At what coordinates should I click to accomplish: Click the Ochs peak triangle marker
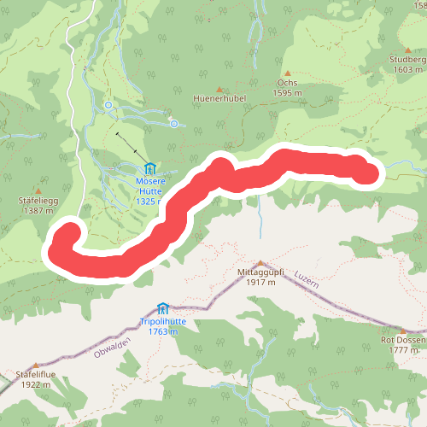click(x=289, y=73)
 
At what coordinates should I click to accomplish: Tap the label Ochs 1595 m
click(x=289, y=88)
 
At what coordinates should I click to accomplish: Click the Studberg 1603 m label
click(x=407, y=65)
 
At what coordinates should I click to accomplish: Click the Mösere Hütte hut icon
click(x=150, y=168)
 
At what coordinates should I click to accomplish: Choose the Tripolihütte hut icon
click(x=162, y=307)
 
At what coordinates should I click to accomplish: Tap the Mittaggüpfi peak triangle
click(x=260, y=263)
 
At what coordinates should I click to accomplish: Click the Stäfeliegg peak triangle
click(x=38, y=190)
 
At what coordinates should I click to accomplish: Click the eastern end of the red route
click(x=367, y=172)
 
